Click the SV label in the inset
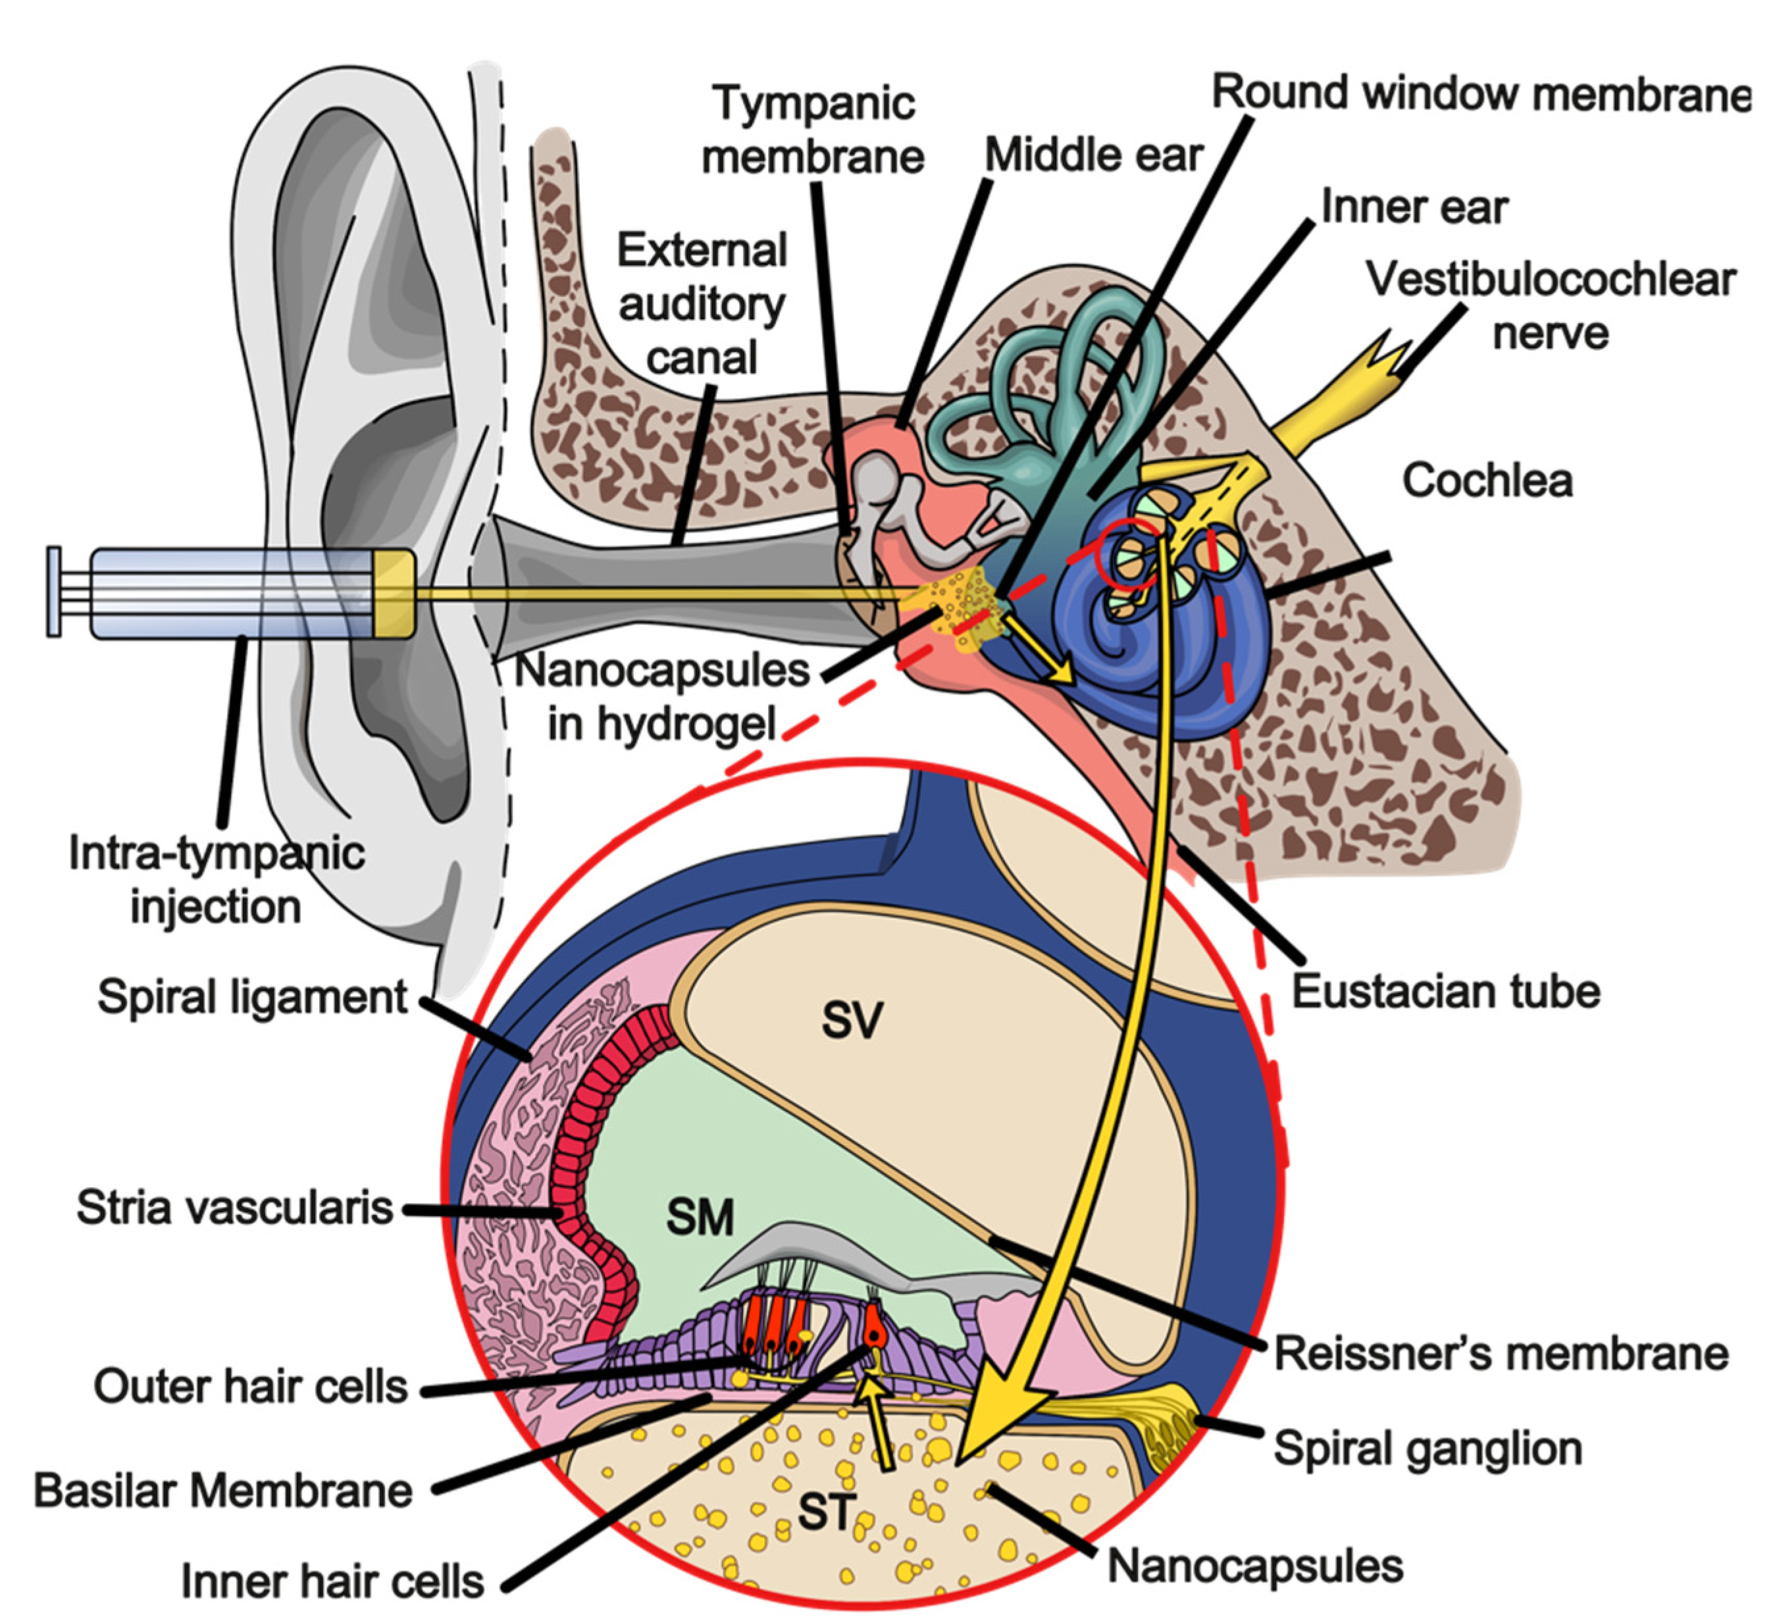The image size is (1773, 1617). point(850,1020)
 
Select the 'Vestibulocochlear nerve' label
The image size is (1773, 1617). point(1550,306)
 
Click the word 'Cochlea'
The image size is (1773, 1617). point(1486,481)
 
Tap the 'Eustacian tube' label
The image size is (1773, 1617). point(1445,992)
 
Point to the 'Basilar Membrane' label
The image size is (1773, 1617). point(222,1491)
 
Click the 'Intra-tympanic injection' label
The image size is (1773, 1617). point(217,880)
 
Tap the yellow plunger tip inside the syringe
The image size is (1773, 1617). point(393,594)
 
